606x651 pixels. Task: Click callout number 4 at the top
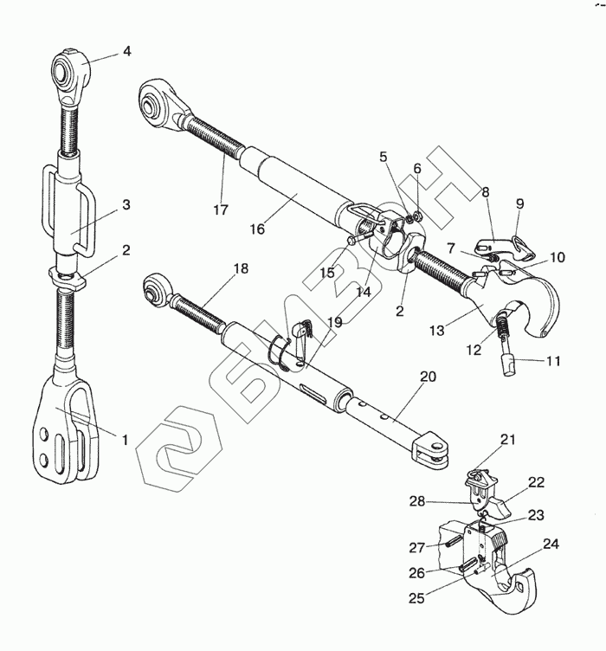[x=126, y=51]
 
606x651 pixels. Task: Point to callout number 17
[x=222, y=209]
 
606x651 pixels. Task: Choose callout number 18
[x=242, y=268]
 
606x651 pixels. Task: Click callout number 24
[x=551, y=545]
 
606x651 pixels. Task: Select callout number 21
[x=507, y=440]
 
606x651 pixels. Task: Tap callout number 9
[x=520, y=203]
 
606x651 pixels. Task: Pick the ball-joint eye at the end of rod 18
[x=157, y=288]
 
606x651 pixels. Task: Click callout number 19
[x=334, y=321]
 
